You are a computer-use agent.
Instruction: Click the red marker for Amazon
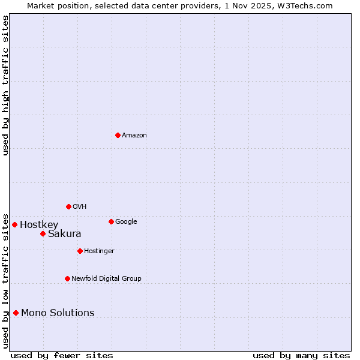click(118, 135)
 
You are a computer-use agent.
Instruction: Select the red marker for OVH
click(68, 206)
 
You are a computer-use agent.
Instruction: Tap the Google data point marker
click(111, 221)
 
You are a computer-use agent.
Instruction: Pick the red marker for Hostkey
click(14, 224)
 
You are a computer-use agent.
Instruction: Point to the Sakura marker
click(43, 233)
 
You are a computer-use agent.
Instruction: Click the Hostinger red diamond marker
click(80, 251)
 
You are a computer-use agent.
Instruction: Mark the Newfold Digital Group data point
click(67, 278)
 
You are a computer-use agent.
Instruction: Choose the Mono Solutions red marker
click(16, 313)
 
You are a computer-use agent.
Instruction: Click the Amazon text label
click(134, 135)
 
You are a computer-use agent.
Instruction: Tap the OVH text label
click(80, 206)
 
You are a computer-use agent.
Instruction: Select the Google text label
click(126, 221)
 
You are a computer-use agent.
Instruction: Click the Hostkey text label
click(39, 225)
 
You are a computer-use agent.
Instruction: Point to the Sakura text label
click(64, 234)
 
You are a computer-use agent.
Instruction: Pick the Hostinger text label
click(99, 251)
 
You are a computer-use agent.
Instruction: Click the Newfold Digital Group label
click(106, 278)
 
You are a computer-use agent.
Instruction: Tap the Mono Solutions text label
click(58, 313)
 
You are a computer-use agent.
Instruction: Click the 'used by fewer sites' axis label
click(62, 355)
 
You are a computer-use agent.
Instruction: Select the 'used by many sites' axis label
click(301, 355)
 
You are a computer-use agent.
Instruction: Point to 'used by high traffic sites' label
click(5, 85)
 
